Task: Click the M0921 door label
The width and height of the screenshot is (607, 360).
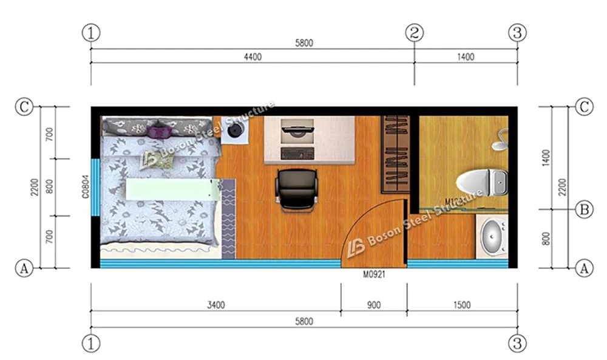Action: (375, 274)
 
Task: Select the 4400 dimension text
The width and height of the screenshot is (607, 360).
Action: (253, 57)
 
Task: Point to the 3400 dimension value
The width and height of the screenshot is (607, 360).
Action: (215, 305)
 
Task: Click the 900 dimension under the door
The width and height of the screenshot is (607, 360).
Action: (374, 305)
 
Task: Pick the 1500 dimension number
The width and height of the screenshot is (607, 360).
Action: (461, 305)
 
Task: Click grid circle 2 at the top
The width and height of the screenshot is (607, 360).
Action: (415, 33)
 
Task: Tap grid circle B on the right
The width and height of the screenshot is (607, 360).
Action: (584, 210)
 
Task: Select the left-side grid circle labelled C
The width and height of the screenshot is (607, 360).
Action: (24, 107)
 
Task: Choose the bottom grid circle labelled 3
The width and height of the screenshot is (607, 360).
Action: (517, 344)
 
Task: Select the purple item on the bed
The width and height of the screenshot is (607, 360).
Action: (158, 130)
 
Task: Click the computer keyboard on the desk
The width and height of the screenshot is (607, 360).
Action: (297, 150)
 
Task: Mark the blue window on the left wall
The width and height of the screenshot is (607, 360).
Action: (95, 186)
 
